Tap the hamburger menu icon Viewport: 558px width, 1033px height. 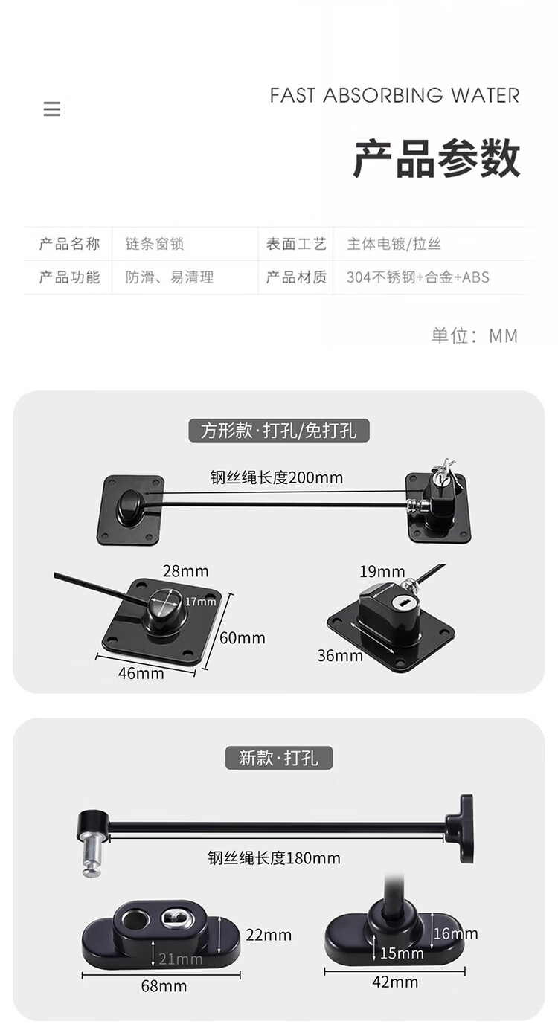pyautogui.click(x=51, y=109)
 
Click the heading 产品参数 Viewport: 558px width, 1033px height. pyautogui.click(x=437, y=158)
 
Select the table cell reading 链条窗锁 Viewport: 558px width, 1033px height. pyautogui.click(x=155, y=243)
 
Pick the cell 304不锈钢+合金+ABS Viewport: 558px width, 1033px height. pyautogui.click(x=418, y=277)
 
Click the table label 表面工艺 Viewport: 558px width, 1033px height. pyautogui.click(x=296, y=243)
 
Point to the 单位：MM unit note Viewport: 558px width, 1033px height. pyautogui.click(x=475, y=335)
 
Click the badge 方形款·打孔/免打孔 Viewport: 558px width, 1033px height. pyautogui.click(x=278, y=431)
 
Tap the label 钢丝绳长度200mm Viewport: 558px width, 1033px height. pyautogui.click(x=277, y=477)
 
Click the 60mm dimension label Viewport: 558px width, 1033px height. pyautogui.click(x=242, y=638)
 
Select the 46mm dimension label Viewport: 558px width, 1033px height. pyautogui.click(x=141, y=673)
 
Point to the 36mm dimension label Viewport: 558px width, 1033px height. pyautogui.click(x=340, y=655)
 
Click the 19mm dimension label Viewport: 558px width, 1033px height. pyautogui.click(x=382, y=572)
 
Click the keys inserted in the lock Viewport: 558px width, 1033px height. pyautogui.click(x=443, y=469)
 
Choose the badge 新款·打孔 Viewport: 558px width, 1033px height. pyautogui.click(x=278, y=758)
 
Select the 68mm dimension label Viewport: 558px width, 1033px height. pyautogui.click(x=164, y=986)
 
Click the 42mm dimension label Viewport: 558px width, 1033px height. pyautogui.click(x=395, y=982)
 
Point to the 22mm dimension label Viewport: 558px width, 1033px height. pyautogui.click(x=269, y=935)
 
